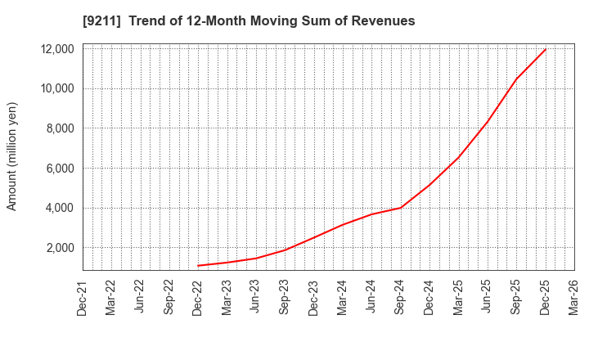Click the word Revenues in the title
(x=384, y=20)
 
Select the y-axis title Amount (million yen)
(x=12, y=156)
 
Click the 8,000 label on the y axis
(x=60, y=128)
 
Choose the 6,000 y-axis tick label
(x=60, y=169)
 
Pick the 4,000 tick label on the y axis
(x=60, y=208)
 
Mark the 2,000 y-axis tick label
(x=60, y=248)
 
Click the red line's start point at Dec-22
(x=198, y=265)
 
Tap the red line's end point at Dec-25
(x=545, y=49)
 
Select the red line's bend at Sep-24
(x=400, y=208)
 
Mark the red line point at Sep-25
(x=516, y=79)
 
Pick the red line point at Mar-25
(x=458, y=157)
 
